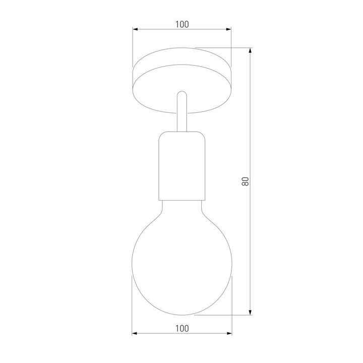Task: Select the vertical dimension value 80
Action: coord(246,181)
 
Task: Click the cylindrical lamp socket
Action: coord(181,166)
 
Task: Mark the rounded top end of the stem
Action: coord(181,94)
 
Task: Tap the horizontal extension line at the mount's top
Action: coord(222,48)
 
